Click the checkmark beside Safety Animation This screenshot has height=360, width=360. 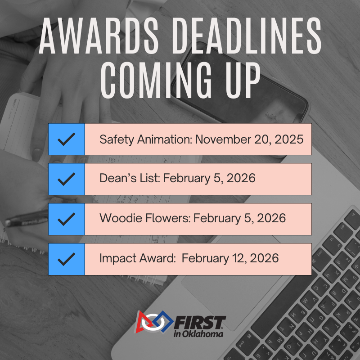[67, 139]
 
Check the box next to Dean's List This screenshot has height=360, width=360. [67, 179]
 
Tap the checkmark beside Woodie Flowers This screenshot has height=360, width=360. [67, 219]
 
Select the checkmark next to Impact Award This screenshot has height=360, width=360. [67, 259]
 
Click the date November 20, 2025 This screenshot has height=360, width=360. [249, 139]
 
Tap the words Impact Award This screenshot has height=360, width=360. [138, 258]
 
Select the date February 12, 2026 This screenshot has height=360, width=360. [230, 258]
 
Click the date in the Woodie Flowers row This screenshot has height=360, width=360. [240, 218]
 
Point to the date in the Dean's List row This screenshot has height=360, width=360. [209, 179]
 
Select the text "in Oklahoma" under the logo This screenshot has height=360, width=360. [198, 334]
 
